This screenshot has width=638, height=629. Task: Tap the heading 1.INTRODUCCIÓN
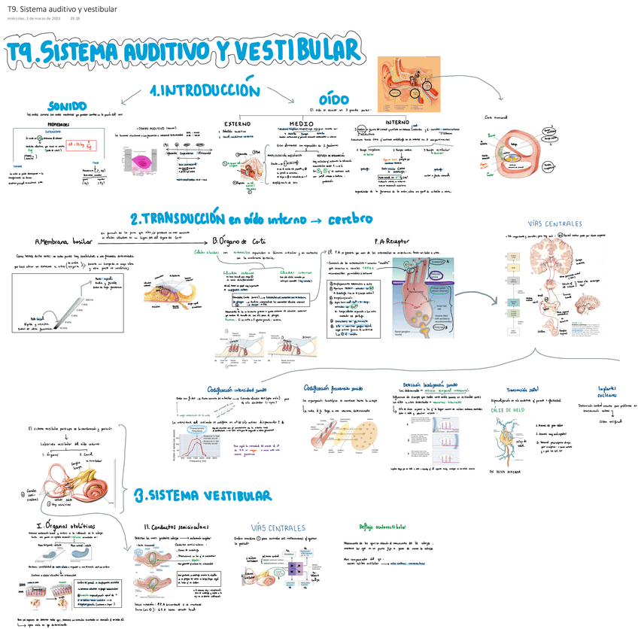[x=204, y=90]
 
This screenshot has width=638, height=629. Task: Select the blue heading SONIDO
[x=67, y=106]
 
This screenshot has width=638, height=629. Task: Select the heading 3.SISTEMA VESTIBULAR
[x=202, y=495]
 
